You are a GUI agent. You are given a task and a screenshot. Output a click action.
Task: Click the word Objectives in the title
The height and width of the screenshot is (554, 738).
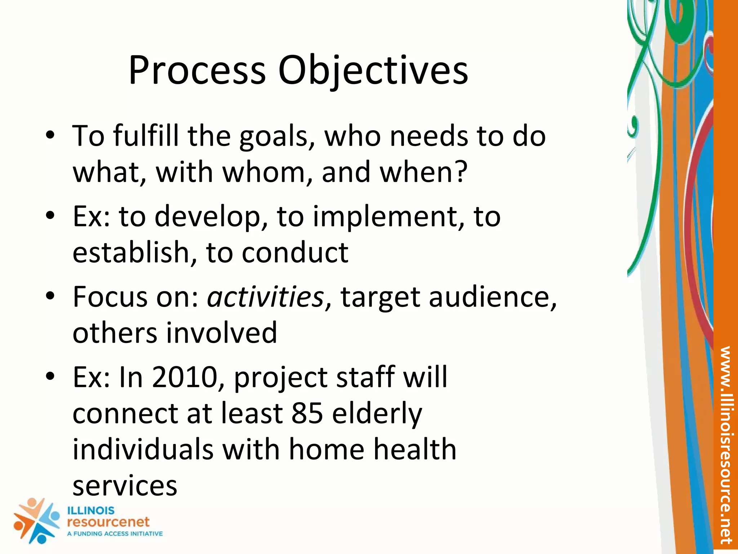[x=373, y=70]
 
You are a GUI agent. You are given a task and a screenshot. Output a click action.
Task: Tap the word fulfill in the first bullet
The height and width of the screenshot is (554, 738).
[x=146, y=136]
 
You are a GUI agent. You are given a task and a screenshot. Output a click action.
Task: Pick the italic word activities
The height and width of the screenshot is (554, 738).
[x=265, y=297]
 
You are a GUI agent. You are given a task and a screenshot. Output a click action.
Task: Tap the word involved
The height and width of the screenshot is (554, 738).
[x=221, y=333]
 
